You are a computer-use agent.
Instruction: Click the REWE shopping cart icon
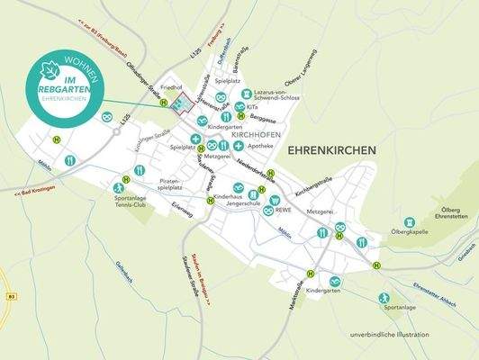coord(274,200)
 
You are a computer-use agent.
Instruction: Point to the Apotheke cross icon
coord(239,146)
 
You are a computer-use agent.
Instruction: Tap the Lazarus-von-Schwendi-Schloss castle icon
coord(239,107)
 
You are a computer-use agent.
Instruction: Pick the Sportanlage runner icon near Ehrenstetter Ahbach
coord(384,298)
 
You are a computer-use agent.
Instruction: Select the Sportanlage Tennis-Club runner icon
coord(118,188)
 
